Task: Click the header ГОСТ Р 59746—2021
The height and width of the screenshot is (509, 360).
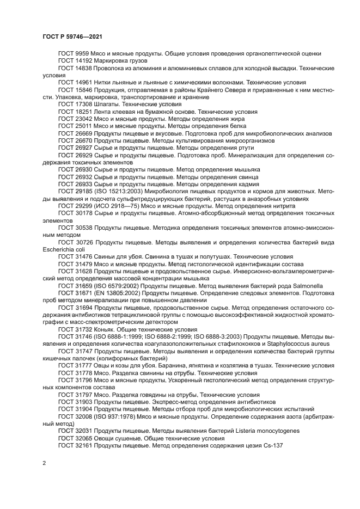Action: pyautogui.click(x=73, y=36)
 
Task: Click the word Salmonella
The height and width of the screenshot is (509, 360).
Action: pyautogui.click(x=306, y=285)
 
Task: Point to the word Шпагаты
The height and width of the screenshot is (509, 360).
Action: pyautogui.click(x=107, y=103)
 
